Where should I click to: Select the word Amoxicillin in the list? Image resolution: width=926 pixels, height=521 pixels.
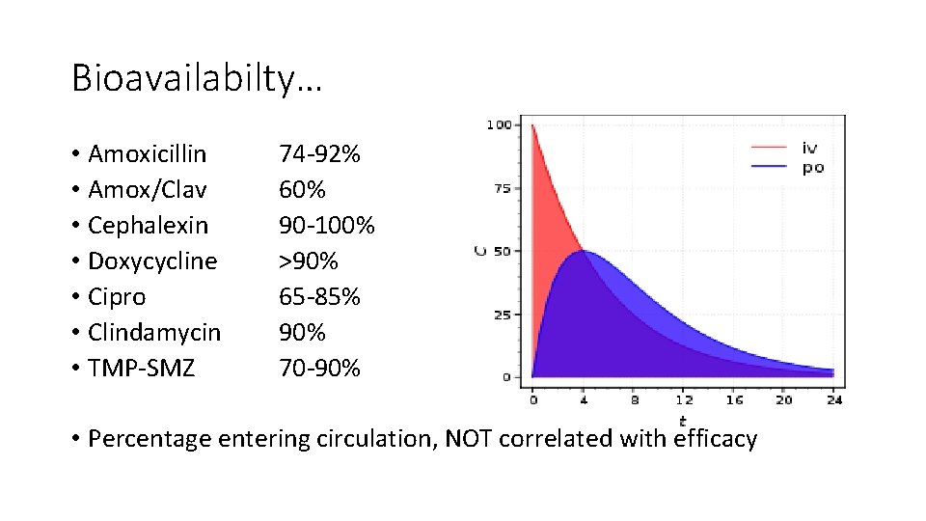pos(147,154)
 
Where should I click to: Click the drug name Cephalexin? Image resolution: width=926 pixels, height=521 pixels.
pos(148,226)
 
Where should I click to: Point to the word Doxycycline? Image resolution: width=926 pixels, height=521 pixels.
pos(152,261)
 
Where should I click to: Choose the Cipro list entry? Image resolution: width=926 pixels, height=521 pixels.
pos(117,297)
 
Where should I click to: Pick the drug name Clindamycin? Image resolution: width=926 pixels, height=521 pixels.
pos(153,333)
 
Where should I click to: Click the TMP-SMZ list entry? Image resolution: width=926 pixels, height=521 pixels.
pos(141,368)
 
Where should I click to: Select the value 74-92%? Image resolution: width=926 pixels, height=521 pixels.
pos(319,154)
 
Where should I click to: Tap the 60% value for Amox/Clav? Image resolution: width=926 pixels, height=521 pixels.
pos(301,190)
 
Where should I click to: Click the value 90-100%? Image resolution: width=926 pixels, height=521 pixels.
pos(326,226)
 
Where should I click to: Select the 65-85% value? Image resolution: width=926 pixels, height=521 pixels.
pos(319,297)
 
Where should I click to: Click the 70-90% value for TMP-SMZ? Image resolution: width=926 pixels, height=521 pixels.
pos(319,368)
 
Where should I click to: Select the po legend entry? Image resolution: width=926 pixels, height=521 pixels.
pos(812,168)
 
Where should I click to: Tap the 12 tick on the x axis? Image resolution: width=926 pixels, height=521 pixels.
pos(683,398)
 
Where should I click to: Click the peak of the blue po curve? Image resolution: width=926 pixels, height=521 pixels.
pos(583,251)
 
